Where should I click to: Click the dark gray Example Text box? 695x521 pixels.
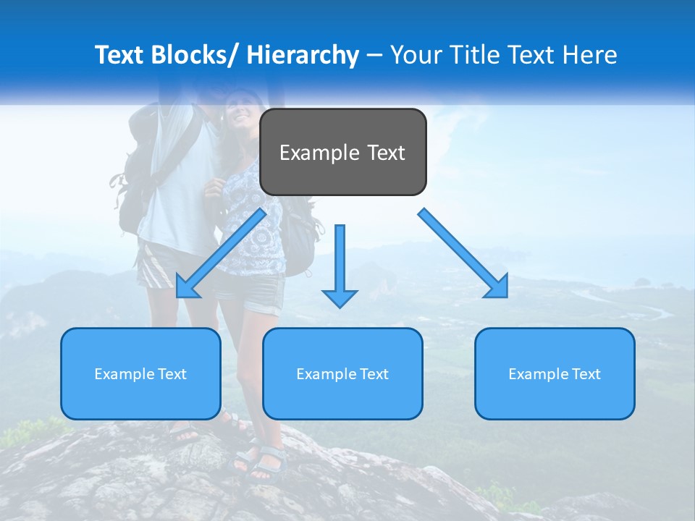coord(342,152)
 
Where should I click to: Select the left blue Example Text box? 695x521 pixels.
coord(140,373)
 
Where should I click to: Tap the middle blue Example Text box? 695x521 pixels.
coord(342,373)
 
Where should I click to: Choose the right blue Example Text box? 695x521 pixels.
coord(555,373)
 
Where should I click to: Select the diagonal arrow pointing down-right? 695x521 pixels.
coord(463,253)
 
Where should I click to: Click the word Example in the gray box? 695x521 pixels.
coord(319,153)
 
